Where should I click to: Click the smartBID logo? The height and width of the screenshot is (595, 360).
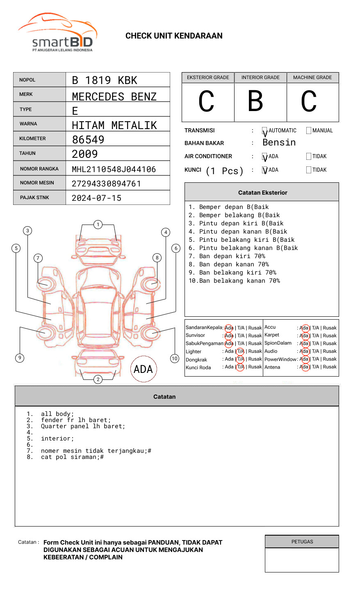pos(58,33)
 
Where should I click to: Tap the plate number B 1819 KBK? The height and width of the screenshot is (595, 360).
pos(105,80)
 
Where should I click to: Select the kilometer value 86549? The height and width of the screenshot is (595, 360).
pos(88,140)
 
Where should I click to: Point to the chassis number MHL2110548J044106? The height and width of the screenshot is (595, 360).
pos(114,169)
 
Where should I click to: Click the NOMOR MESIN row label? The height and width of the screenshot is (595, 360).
pos(37,183)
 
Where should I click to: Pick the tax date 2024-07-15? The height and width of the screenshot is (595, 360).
pos(97,198)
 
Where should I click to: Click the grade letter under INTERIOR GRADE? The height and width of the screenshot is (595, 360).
pos(255,101)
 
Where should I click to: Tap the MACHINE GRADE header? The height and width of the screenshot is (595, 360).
pos(312,77)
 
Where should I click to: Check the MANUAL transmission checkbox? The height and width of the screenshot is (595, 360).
pos(309,131)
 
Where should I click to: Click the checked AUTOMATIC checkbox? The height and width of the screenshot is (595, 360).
pos(265,131)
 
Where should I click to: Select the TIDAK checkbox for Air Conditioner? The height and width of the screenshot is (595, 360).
pos(309,157)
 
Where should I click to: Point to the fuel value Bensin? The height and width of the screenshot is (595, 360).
pos(279,143)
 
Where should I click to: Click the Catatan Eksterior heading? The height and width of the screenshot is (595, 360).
pos(262,193)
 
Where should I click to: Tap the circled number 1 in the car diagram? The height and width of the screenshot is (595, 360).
pos(98,225)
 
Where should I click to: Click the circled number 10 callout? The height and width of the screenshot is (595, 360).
pos(175,359)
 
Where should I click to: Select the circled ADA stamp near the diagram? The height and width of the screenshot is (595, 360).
pos(144,369)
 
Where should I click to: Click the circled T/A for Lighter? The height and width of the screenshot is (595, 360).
pos(240,352)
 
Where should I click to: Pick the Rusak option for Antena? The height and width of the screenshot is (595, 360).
pos(330,367)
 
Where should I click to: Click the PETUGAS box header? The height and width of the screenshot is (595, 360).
pos(302,542)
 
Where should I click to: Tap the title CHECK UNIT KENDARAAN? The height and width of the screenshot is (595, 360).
pos(174,36)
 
